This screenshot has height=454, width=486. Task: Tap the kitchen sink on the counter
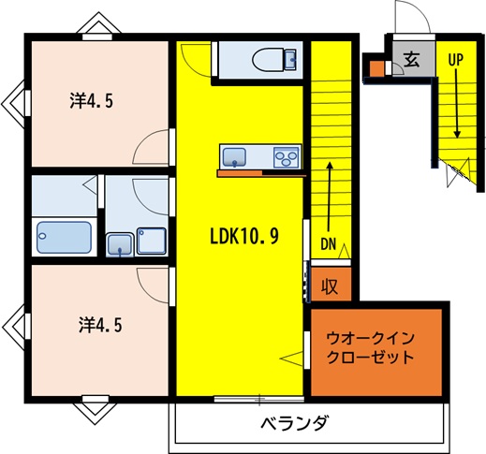click(233, 155)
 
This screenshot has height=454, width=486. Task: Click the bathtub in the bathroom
click(64, 237)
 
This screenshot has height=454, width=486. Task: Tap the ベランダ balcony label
click(294, 423)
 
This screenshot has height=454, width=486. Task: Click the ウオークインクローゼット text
click(369, 347)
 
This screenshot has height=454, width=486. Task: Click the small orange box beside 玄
click(376, 68)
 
